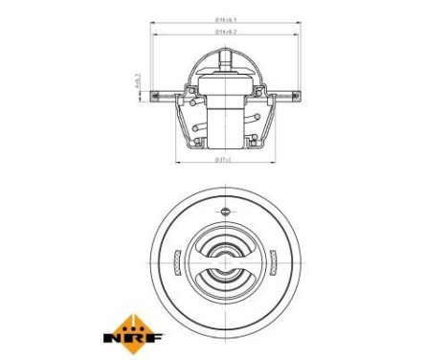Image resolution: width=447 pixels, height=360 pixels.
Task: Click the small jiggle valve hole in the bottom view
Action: [x=224, y=212]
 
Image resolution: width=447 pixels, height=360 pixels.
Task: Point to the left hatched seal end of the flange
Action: [x=159, y=94]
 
